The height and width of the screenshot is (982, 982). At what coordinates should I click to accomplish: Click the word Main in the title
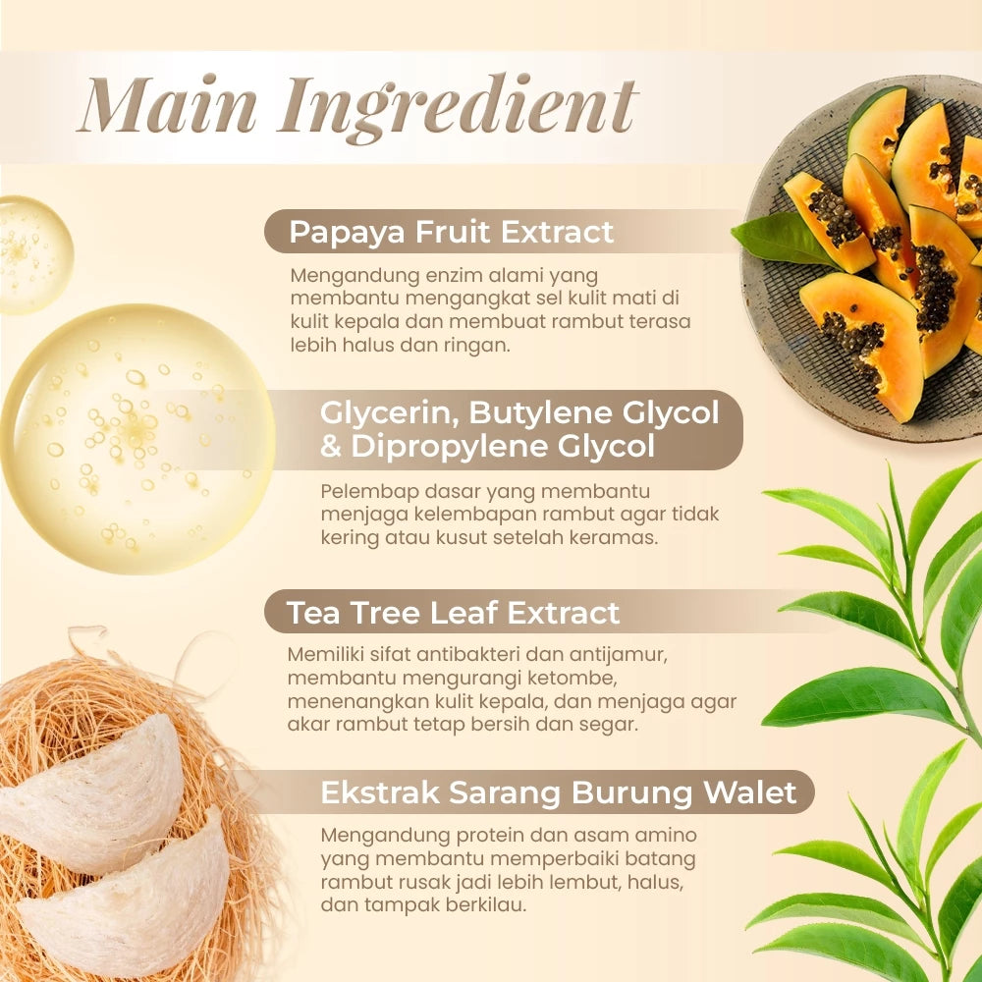169,104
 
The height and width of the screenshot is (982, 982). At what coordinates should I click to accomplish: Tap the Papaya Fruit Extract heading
451,232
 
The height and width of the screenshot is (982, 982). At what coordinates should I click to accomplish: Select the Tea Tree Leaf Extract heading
453,613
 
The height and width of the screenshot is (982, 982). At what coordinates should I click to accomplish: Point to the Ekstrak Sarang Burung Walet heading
558,792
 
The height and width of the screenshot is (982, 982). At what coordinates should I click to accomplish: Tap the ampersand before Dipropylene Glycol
330,447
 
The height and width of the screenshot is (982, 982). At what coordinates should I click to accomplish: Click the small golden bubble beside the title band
35,255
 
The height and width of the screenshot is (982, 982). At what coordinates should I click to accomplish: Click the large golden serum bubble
137,439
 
